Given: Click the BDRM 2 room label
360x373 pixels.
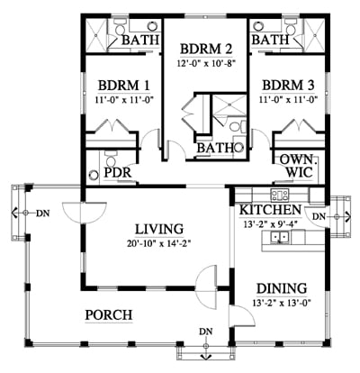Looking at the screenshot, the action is pos(206,49).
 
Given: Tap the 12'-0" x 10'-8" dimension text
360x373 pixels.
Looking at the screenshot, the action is pos(206,63).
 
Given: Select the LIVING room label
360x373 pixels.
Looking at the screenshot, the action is pos(159,229).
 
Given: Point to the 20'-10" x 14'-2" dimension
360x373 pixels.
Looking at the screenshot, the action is pos(159,243).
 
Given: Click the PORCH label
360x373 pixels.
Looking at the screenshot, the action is pos(109,315).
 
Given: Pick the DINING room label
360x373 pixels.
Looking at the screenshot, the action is pos(282,288).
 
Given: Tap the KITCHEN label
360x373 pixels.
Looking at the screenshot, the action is pos(270,210).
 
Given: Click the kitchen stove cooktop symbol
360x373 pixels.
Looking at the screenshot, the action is pos(280,195).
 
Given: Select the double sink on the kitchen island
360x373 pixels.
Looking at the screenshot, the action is pos(280,237).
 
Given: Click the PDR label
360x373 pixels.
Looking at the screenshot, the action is pos(118,172).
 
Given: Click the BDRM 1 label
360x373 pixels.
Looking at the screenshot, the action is pos(124,86).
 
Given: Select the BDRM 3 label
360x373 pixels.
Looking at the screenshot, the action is pos(288,86).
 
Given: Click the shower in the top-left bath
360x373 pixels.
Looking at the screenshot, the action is pos(96,35).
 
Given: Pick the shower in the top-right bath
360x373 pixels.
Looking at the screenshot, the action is pos(314,35).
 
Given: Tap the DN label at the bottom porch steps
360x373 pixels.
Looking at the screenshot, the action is pos(206,332).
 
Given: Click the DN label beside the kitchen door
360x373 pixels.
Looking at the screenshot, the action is pos(319,215).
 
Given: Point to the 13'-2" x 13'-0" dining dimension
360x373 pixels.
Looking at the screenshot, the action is pos(282,303).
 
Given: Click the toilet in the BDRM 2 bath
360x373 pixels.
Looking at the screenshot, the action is pos(238,126).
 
